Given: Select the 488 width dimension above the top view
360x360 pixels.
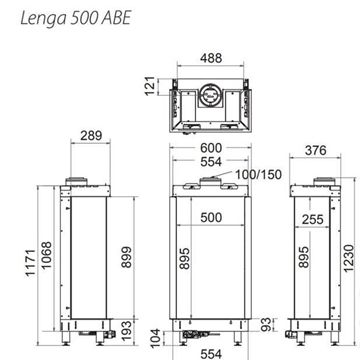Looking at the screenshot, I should coord(210,58).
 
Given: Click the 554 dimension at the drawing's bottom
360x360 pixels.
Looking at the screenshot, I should coord(209,351).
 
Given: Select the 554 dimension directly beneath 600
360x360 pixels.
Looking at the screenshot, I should coord(210,162).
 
